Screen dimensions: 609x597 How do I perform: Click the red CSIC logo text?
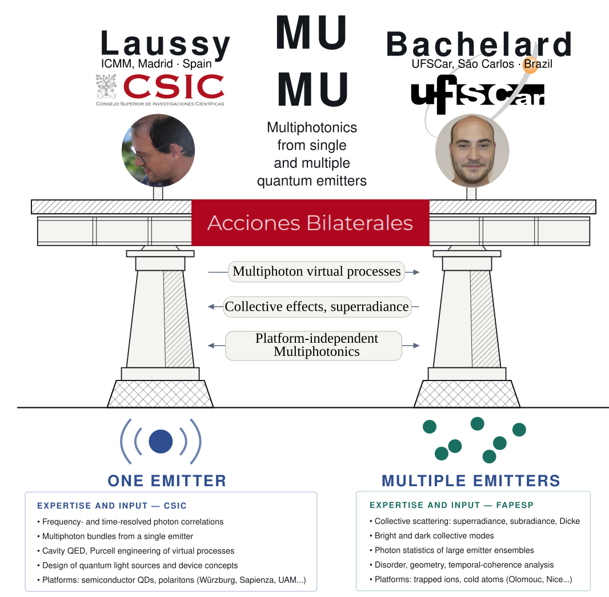(174, 86)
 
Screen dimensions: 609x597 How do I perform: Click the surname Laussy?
(166, 44)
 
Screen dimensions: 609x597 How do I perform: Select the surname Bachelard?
(479, 45)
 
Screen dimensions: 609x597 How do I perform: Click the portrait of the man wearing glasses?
(158, 150)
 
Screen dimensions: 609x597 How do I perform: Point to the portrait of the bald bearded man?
(472, 151)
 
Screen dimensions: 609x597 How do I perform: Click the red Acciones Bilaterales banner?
(310, 223)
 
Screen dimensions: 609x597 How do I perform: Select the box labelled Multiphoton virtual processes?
(316, 271)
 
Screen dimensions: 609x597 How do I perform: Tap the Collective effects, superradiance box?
(317, 307)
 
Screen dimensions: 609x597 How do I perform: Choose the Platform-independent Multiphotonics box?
(314, 345)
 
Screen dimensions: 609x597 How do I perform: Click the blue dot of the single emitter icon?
(161, 442)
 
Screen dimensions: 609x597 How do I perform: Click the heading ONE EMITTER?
(167, 481)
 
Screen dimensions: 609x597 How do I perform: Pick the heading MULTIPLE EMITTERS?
(471, 481)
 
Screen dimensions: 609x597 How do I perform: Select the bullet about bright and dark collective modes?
(432, 536)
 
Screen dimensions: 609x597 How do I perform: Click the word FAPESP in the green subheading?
(515, 505)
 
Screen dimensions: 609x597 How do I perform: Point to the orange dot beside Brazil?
(530, 65)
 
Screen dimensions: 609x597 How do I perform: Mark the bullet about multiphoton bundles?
(115, 536)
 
